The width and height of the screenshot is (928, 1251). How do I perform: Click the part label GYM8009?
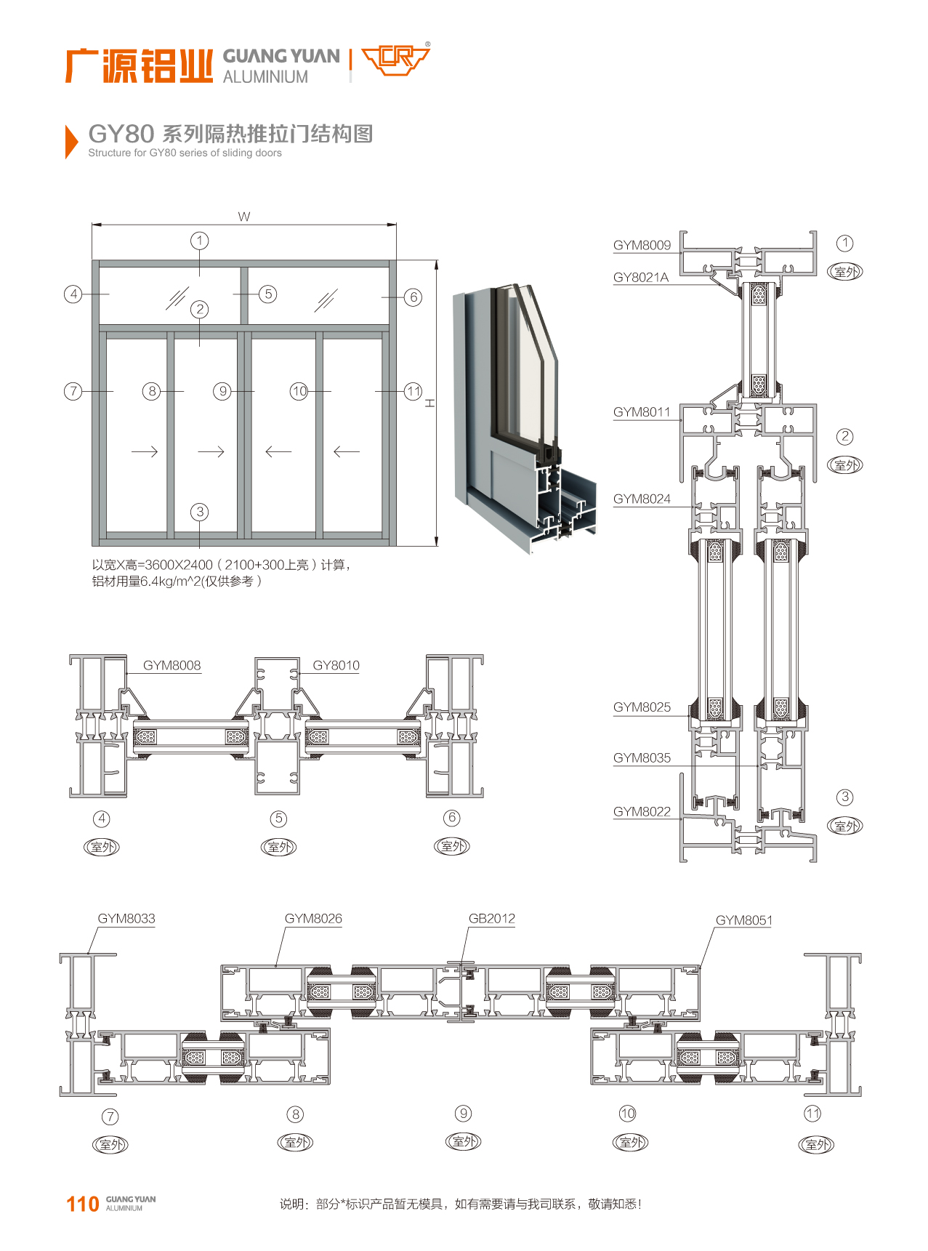click(642, 245)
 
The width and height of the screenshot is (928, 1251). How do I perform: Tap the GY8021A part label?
click(640, 277)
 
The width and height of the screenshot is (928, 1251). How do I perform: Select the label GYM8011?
click(642, 412)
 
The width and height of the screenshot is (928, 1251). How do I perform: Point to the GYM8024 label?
click(642, 499)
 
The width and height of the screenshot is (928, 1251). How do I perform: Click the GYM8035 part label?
click(642, 757)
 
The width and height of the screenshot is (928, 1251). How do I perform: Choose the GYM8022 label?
click(642, 811)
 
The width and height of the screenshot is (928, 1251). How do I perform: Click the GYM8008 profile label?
click(172, 665)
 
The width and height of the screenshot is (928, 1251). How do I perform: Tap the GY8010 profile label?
click(336, 665)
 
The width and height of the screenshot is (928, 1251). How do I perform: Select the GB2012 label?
click(492, 918)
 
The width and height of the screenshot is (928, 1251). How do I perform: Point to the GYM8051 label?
click(744, 920)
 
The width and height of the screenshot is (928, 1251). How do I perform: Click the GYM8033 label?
click(126, 918)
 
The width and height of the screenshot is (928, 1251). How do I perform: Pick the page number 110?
click(82, 1204)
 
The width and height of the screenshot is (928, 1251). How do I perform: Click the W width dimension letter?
click(244, 217)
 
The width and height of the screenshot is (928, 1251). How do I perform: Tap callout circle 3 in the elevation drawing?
click(200, 512)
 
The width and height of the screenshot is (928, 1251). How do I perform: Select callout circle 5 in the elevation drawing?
click(268, 294)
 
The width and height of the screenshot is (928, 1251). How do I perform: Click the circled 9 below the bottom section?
click(463, 1114)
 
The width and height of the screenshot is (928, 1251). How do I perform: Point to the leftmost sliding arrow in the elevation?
click(145, 452)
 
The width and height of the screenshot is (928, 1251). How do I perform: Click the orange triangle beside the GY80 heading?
click(70, 141)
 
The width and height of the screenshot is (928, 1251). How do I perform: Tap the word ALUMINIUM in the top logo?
click(265, 77)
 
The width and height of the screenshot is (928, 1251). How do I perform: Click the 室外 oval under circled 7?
click(110, 1145)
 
